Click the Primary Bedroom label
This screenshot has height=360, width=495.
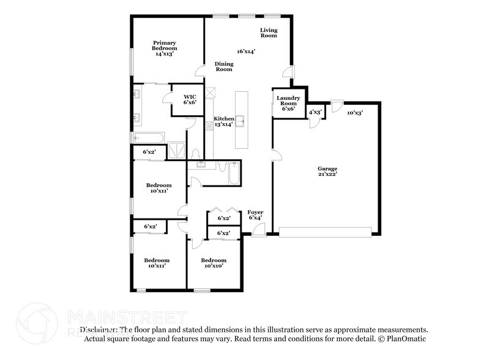coord(165,48)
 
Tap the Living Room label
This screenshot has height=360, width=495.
coord(269,32)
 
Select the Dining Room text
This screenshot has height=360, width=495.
coord(223,67)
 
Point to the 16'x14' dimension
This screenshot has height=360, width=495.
coord(246,51)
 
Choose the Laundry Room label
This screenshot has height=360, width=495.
coord(288,103)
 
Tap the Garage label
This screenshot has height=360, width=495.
coord(327,171)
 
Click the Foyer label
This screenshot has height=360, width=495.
coord(255,215)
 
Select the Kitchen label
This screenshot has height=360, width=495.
coord(223,121)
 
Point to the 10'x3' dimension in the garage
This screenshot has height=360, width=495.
coord(355,113)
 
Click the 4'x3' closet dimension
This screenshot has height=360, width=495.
coord(315,112)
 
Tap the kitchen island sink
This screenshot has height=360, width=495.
coord(242,121)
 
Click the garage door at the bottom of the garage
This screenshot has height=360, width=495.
coord(325,231)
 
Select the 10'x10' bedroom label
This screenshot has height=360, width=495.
coord(214,263)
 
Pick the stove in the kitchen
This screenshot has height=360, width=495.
coord(209,124)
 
